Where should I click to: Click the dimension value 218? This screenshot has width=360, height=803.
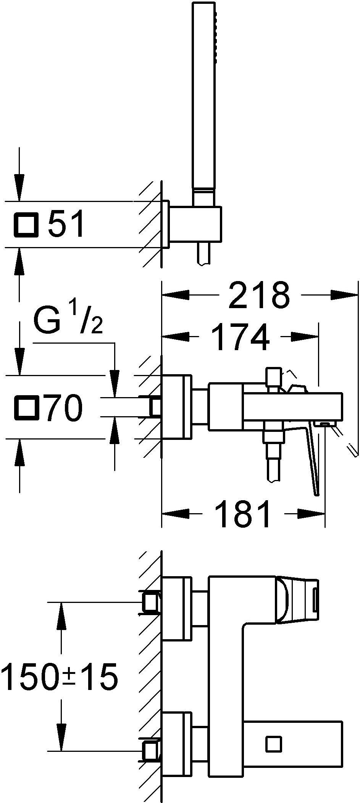(259, 295)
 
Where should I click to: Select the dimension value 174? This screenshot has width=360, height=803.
(241, 337)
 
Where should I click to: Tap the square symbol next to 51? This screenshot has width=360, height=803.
(26, 225)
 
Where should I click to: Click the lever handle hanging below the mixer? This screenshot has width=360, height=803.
(313, 459)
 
